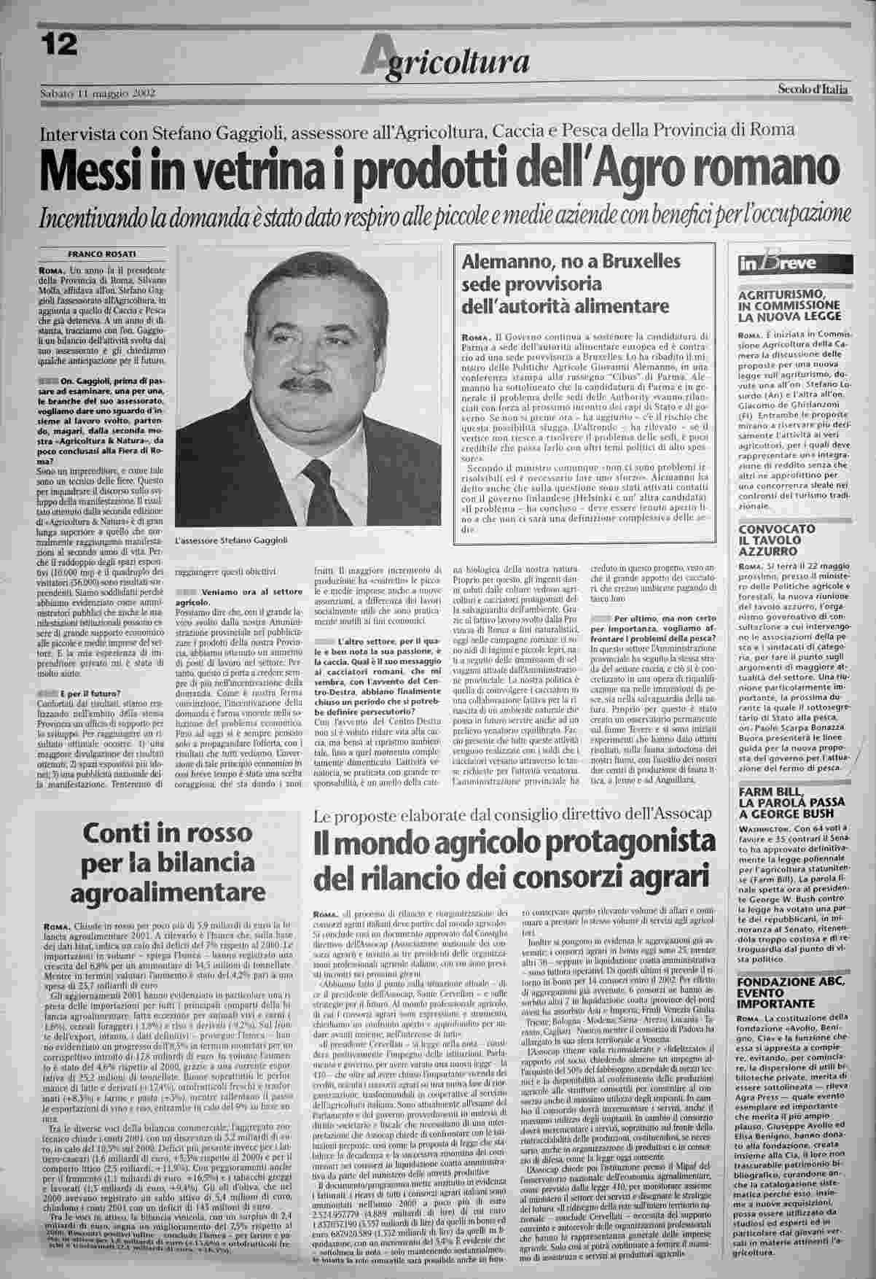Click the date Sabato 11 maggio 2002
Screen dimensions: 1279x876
click(x=99, y=93)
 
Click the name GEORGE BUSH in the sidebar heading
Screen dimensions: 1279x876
click(x=786, y=812)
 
